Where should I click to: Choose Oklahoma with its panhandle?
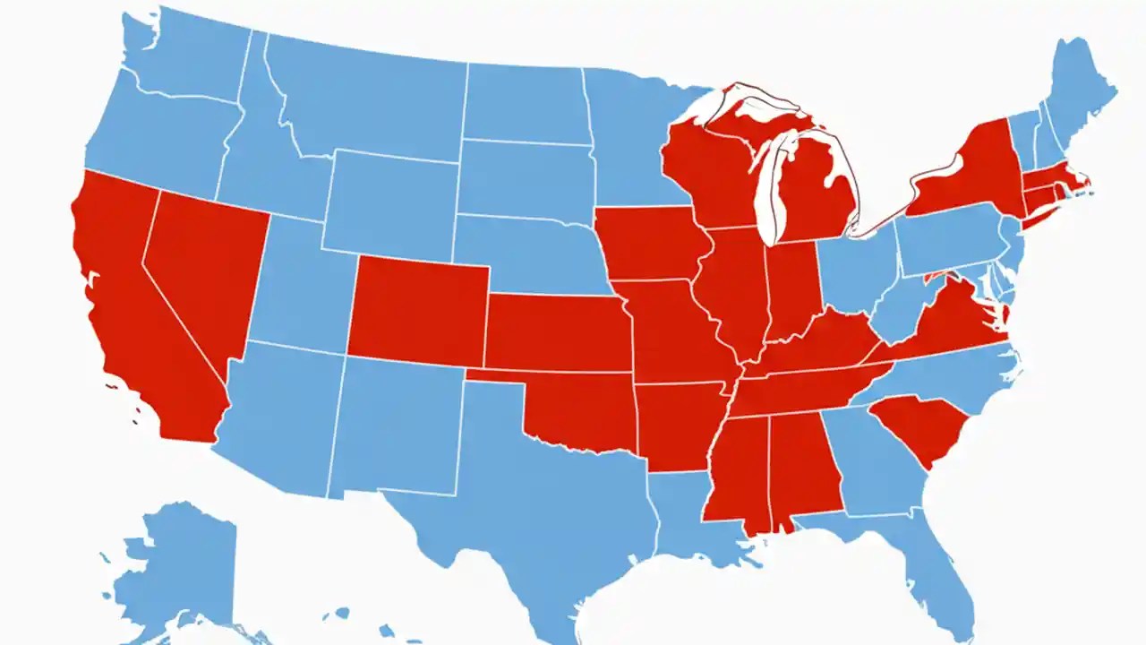pos(582,408)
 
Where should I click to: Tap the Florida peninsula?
pos(940,573)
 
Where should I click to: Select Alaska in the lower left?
pos(179,564)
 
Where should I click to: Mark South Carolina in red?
pos(918,426)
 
